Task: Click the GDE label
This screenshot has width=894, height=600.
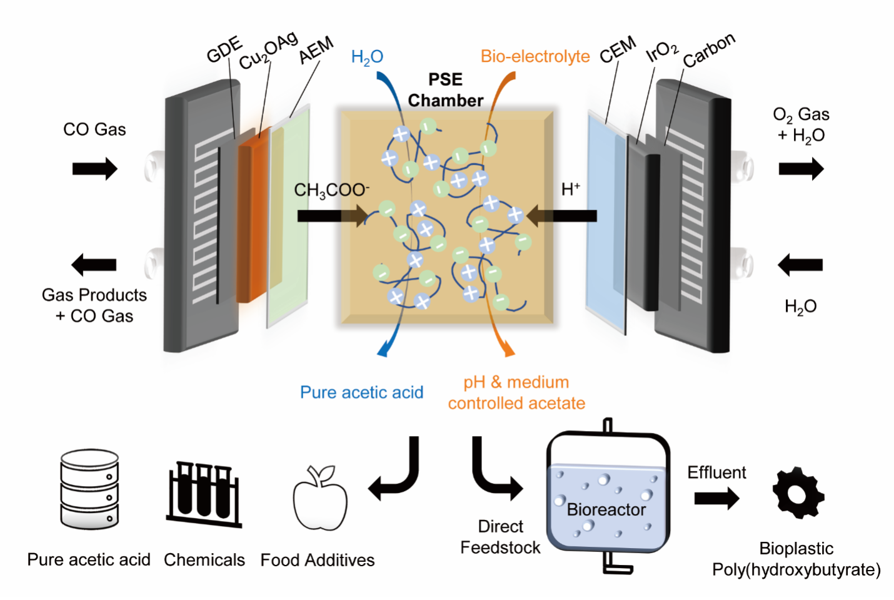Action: point(224,49)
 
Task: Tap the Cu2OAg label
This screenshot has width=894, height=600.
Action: point(268,51)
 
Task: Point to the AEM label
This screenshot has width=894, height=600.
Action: point(316,51)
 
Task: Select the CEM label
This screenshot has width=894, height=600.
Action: point(618,49)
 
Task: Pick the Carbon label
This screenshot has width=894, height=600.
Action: point(709,50)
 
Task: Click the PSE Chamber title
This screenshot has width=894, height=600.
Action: point(446,90)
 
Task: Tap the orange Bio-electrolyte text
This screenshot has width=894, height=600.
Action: point(535,56)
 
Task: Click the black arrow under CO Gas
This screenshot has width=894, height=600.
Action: point(94,169)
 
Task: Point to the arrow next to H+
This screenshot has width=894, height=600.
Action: point(562,216)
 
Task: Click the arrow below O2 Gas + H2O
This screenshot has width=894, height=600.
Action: point(801,169)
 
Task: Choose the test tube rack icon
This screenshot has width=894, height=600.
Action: point(204,494)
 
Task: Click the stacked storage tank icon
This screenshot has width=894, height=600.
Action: point(89,489)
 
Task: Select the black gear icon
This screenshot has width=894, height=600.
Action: point(798,492)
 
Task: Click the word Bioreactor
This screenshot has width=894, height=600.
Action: point(606,510)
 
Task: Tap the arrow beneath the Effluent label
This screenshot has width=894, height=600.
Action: point(716,499)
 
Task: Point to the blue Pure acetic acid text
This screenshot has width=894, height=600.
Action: point(361,392)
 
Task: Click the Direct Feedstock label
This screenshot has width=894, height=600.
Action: point(500,537)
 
